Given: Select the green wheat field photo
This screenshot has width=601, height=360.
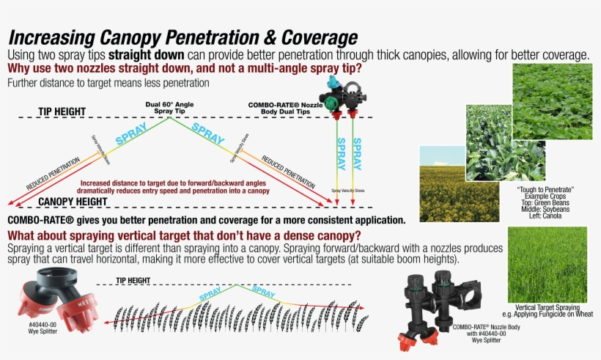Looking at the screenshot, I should (547, 264).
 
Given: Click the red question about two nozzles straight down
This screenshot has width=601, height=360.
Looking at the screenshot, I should (184, 69).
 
